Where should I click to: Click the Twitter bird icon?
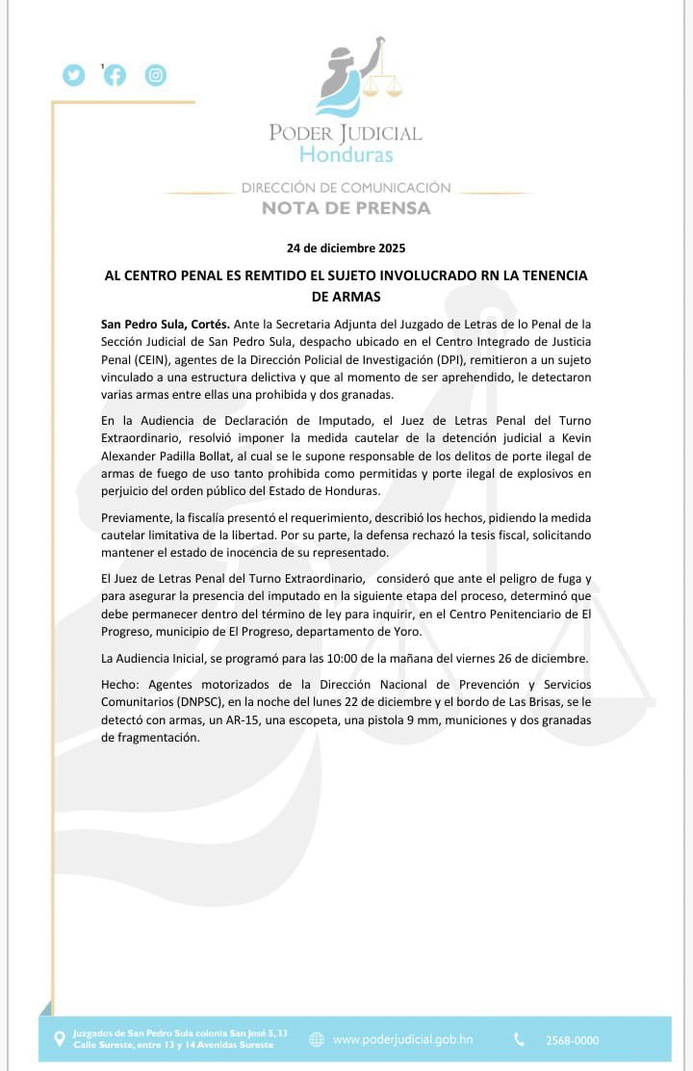coord(74,75)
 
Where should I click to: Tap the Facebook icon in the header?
coord(115,75)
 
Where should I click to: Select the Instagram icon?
coord(156,75)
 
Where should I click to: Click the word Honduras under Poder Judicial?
coord(346,154)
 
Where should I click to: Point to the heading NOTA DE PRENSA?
coord(346,208)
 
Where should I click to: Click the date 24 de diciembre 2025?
coord(346,248)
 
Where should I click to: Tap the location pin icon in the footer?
coord(60,1039)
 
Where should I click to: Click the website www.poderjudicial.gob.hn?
coord(402,1039)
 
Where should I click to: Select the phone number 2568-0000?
coord(572,1040)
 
